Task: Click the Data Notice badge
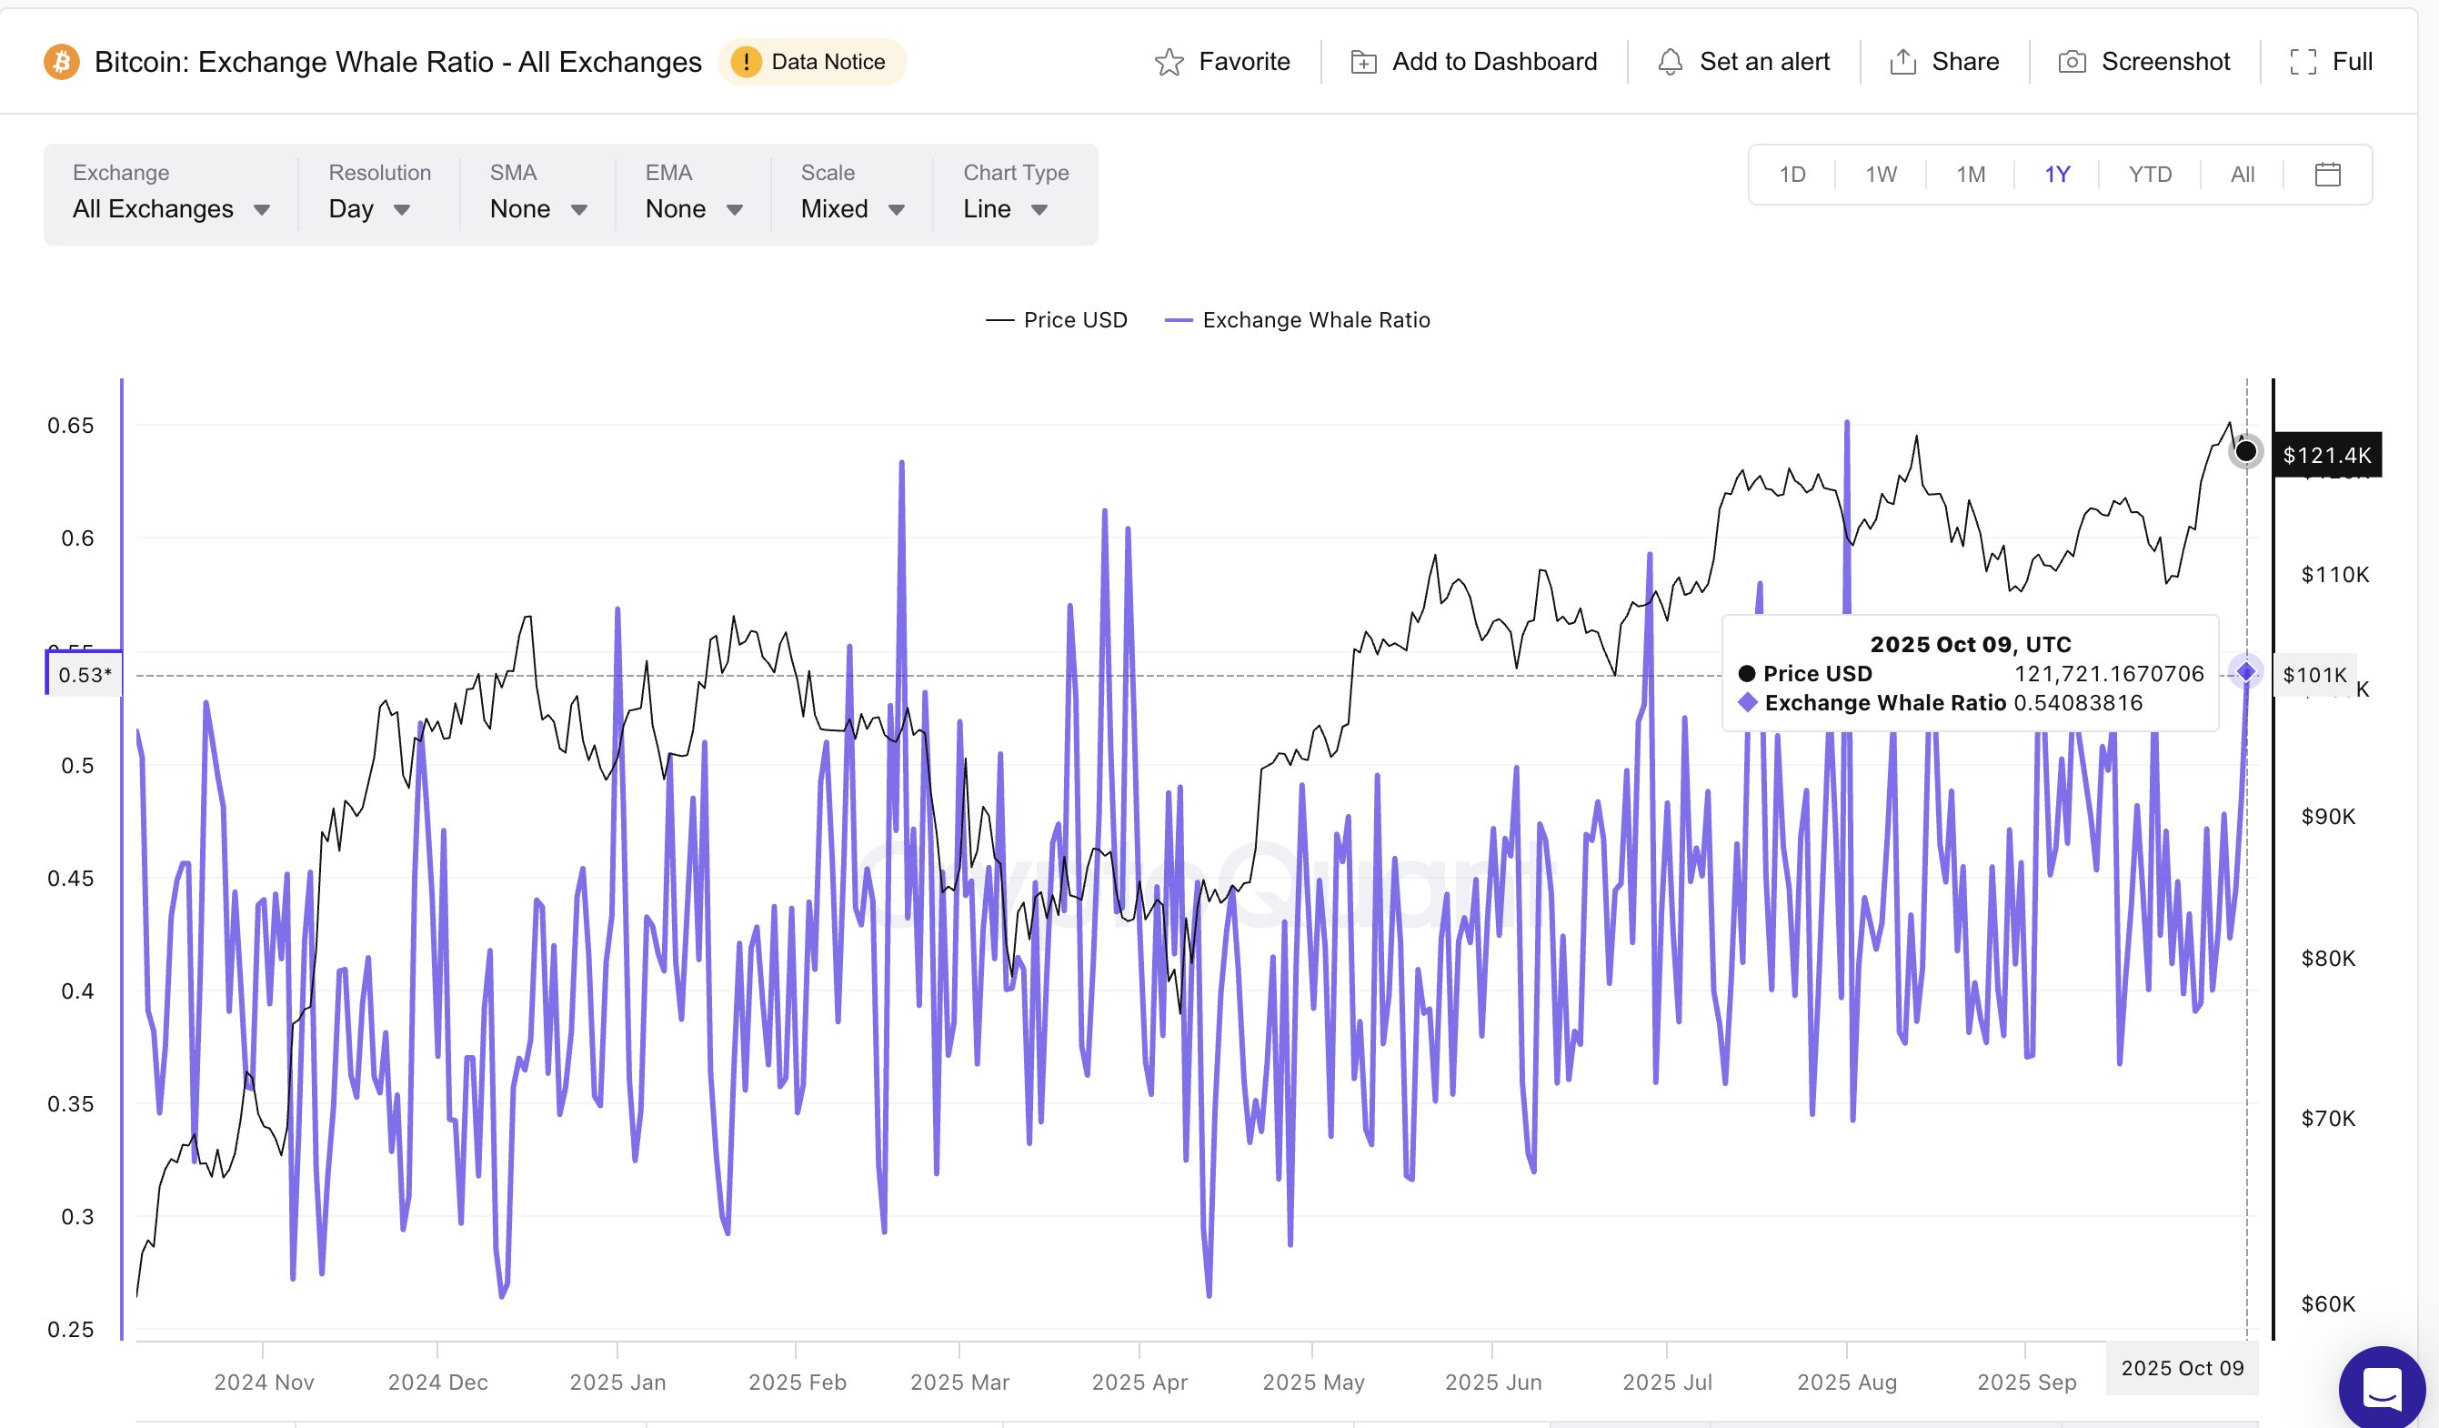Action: coord(811,62)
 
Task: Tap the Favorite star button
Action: coord(1221,62)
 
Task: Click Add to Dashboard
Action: coord(1473,62)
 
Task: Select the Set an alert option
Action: coord(1743,62)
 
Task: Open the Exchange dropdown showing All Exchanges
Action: coord(170,208)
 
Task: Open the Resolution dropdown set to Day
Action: coord(368,208)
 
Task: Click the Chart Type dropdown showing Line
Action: coord(1005,208)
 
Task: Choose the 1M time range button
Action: coord(1970,175)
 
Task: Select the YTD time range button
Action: coord(2149,175)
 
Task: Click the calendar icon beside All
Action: coord(2327,175)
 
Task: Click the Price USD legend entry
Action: coord(1056,320)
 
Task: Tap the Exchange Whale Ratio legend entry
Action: coord(1297,320)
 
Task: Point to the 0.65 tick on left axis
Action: coord(71,425)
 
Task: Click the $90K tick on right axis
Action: coord(2327,816)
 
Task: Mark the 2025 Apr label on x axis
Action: coord(1139,1382)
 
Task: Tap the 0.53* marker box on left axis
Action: coord(85,675)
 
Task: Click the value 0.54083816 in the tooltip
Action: coord(2077,703)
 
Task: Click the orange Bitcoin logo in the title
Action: coord(62,62)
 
